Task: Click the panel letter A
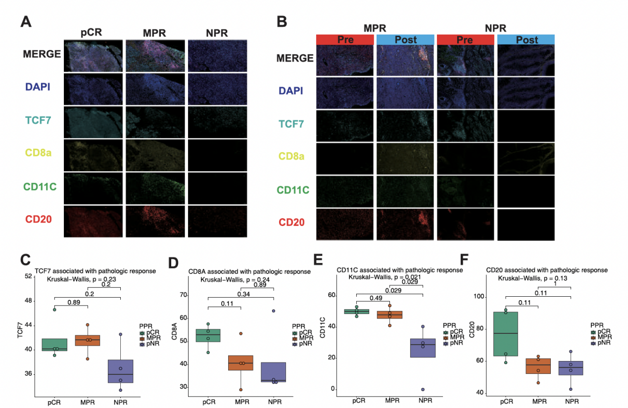click(x=28, y=22)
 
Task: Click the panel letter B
click(x=282, y=22)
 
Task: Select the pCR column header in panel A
click(x=93, y=33)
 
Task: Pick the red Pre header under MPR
click(x=346, y=40)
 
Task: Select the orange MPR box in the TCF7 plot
click(x=87, y=340)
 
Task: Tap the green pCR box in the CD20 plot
click(x=505, y=334)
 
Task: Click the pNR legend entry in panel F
click(x=600, y=342)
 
